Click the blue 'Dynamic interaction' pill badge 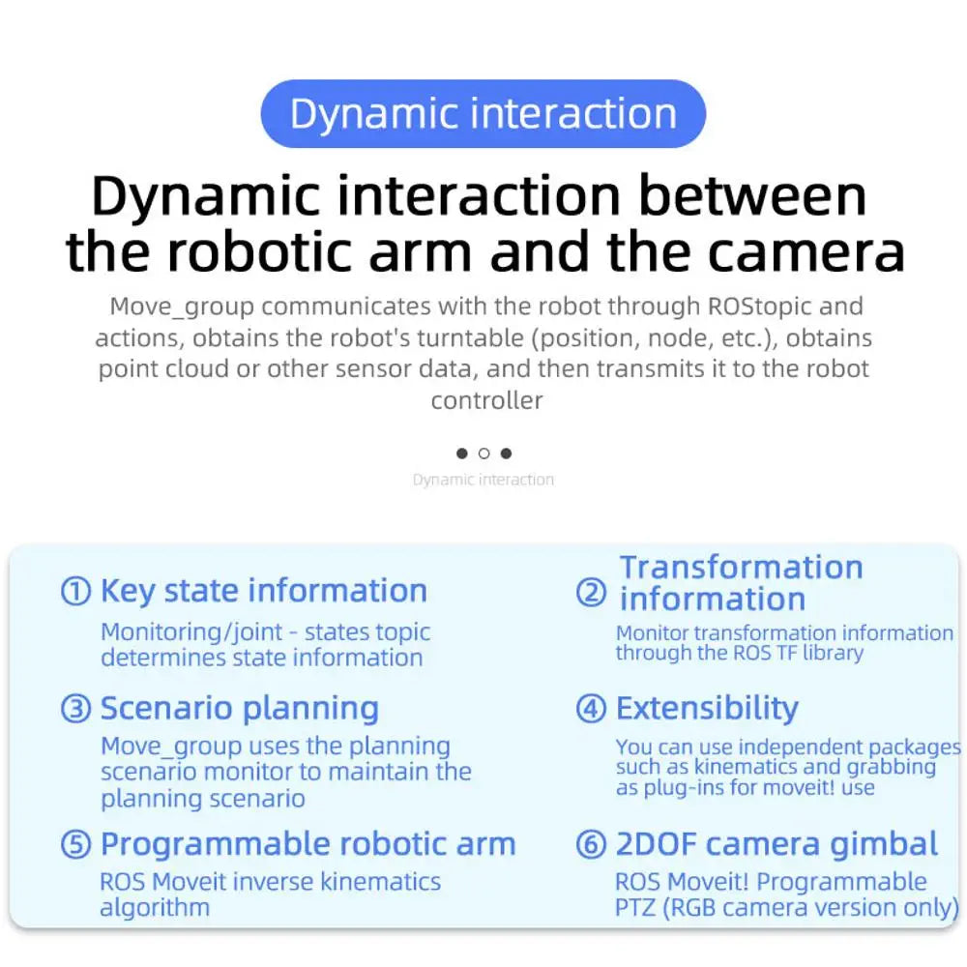(x=483, y=113)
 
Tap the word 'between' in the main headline (x=752, y=195)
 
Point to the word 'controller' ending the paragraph (x=486, y=400)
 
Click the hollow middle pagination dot (x=483, y=454)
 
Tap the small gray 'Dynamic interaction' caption (x=483, y=480)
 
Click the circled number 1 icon (x=75, y=591)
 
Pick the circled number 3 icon (x=75, y=708)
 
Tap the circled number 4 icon (x=591, y=708)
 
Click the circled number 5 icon (x=75, y=843)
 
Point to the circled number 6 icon (x=591, y=843)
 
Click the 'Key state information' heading (x=263, y=591)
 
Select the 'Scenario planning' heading (x=239, y=709)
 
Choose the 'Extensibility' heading (x=707, y=708)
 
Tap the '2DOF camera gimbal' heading (x=777, y=844)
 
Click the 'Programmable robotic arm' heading (x=308, y=844)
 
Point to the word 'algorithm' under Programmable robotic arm (x=155, y=907)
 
